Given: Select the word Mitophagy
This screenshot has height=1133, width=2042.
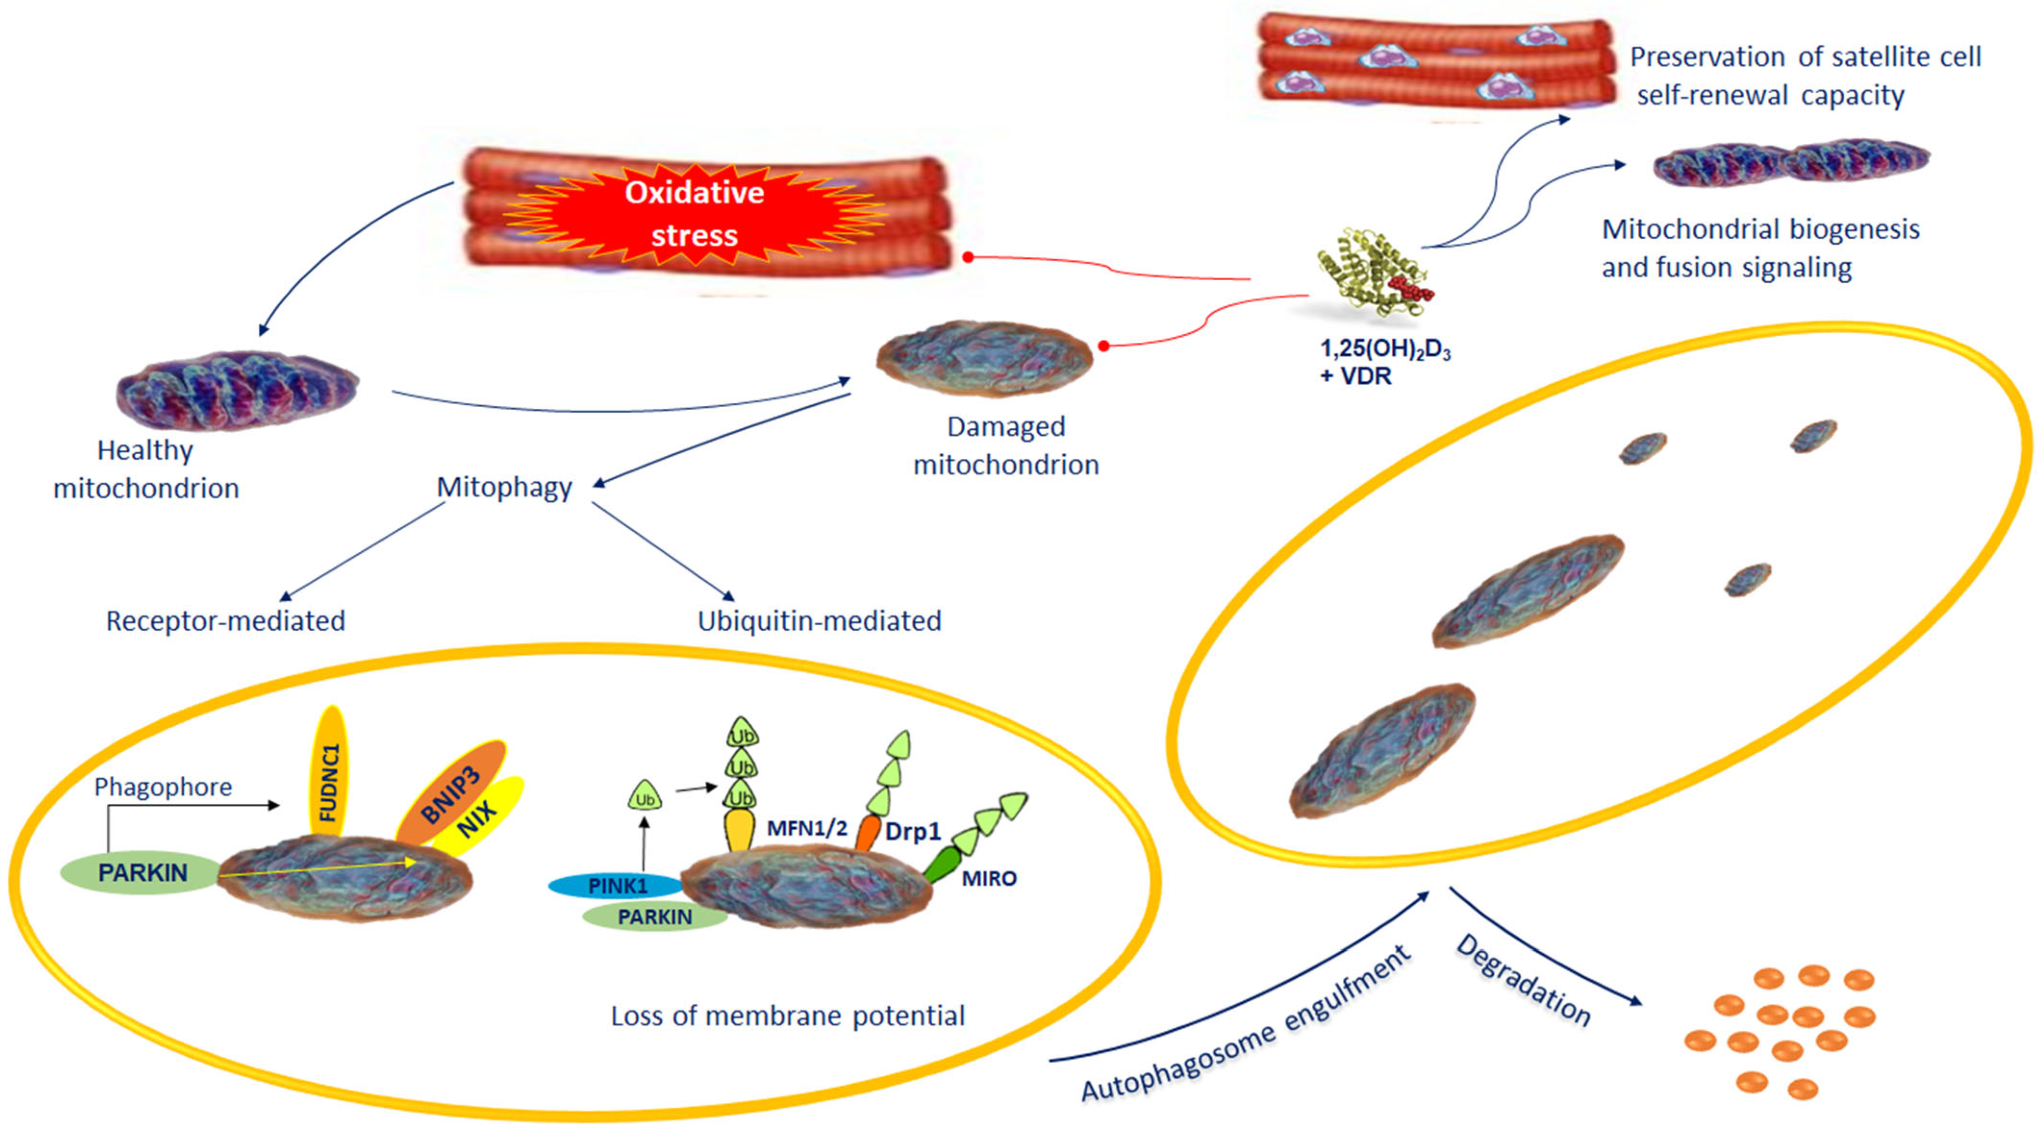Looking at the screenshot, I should click(504, 486).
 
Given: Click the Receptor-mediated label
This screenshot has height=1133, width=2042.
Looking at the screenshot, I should click(226, 621).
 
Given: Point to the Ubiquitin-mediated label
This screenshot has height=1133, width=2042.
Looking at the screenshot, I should click(819, 621).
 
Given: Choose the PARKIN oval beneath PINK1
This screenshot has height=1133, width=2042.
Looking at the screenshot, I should click(655, 917).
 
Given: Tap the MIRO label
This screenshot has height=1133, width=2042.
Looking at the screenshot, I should click(988, 878).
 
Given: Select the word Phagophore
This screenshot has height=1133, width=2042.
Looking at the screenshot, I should click(164, 787).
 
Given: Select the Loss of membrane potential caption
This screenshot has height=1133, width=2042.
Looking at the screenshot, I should click(787, 1016).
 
